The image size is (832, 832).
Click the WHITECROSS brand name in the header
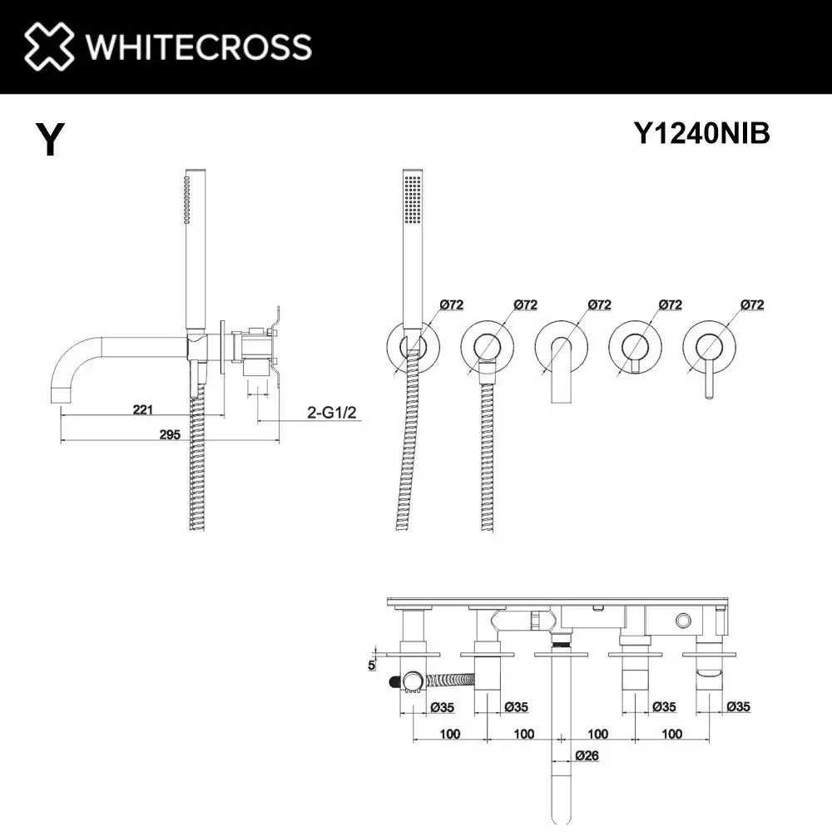[x=198, y=46]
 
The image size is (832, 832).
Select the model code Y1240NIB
[x=702, y=134]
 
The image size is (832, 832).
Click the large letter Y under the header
[x=49, y=140]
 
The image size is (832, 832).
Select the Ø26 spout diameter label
[x=587, y=755]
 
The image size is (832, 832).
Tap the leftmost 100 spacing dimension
[x=450, y=734]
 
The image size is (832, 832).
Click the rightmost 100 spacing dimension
[x=673, y=734]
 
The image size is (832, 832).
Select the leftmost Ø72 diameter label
[x=450, y=305]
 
